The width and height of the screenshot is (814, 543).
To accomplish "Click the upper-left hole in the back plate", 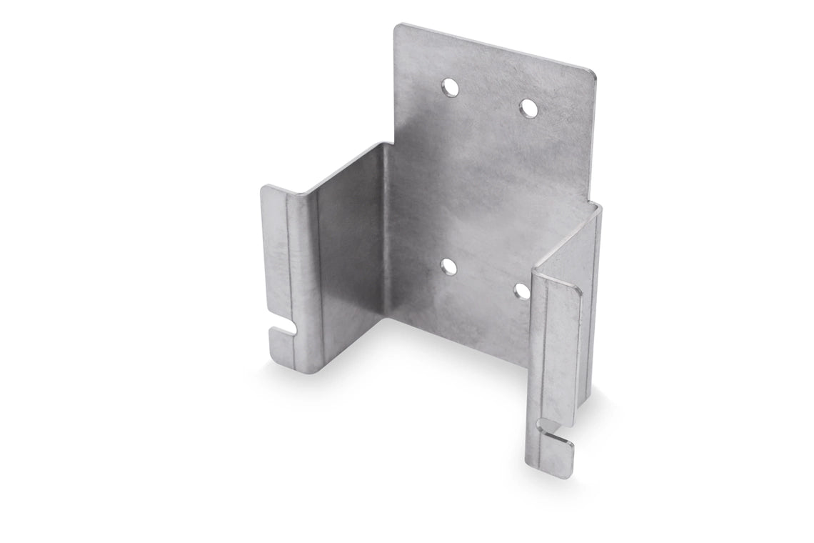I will [x=451, y=88].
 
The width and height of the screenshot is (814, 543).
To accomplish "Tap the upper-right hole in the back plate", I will [x=528, y=109].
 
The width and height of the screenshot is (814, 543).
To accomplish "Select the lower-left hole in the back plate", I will [x=449, y=267].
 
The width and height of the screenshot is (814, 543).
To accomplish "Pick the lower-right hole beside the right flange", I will [x=522, y=291].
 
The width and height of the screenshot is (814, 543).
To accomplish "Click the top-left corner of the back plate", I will [x=398, y=28].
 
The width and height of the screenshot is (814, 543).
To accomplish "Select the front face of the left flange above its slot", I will [x=275, y=257].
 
